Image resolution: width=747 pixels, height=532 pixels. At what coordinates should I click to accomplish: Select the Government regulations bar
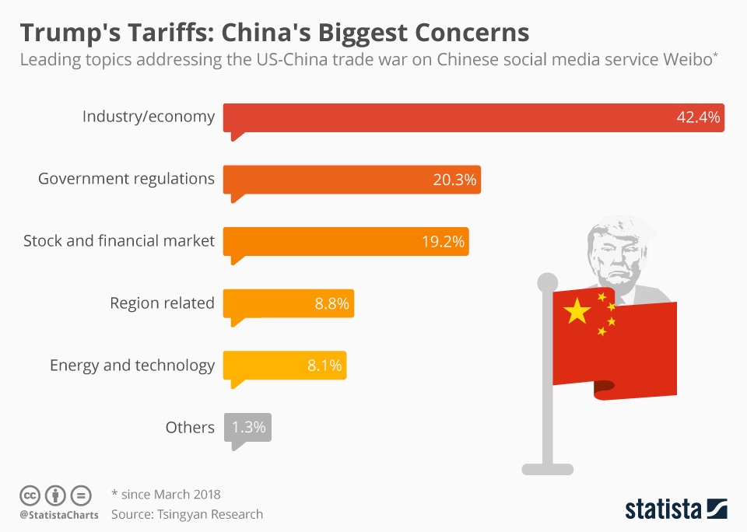coord(327,179)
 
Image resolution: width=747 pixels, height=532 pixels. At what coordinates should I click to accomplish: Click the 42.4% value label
coord(698,118)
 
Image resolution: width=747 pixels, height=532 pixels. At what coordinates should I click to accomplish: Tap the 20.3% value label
coord(454,180)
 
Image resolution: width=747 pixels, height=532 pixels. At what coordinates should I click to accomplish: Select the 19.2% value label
coord(444,242)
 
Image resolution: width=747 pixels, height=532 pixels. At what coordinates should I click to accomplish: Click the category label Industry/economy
coord(149,117)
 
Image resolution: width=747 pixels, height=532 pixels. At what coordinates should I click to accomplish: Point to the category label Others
coord(190,428)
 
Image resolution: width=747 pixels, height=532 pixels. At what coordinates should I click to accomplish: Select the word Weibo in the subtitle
coord(685,61)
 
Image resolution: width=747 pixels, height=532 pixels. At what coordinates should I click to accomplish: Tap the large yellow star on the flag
coord(577,311)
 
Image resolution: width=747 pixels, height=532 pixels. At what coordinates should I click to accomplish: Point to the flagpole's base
coord(548,468)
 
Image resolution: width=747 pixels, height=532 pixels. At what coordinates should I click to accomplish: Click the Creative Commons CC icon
coord(30,495)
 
